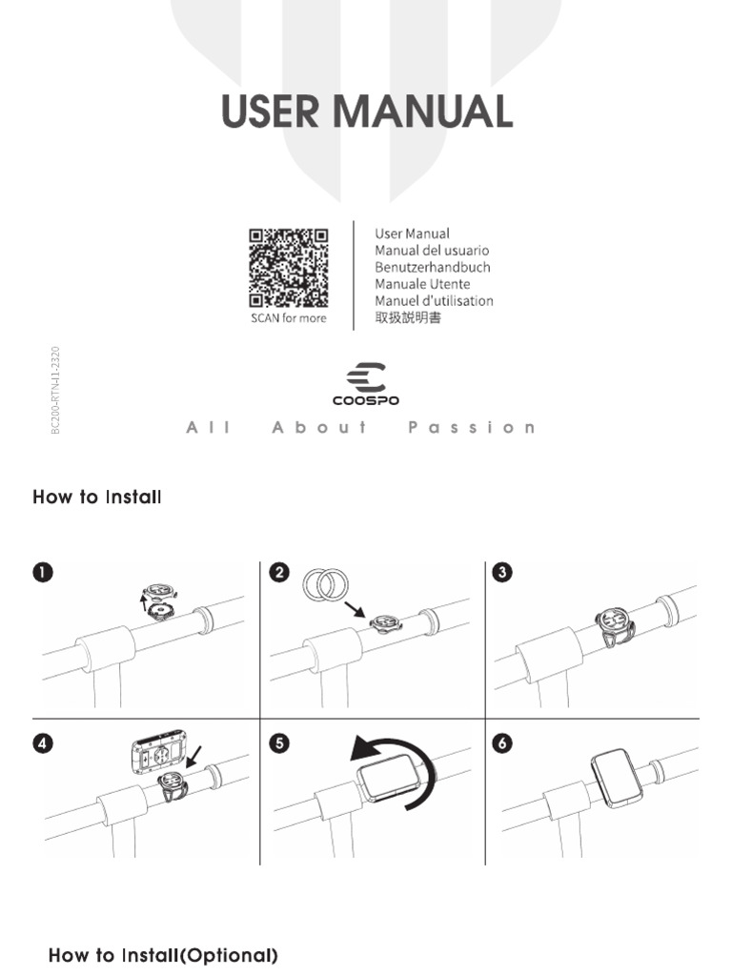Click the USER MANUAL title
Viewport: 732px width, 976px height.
pyautogui.click(x=367, y=112)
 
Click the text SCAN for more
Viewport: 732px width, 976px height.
pyautogui.click(x=288, y=318)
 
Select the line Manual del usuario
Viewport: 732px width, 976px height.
pyautogui.click(x=432, y=251)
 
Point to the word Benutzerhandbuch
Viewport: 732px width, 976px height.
pyautogui.click(x=432, y=268)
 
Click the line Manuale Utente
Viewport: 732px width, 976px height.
pyautogui.click(x=422, y=284)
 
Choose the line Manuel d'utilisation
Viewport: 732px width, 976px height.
pyautogui.click(x=434, y=301)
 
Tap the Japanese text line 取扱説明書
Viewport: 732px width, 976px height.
pyautogui.click(x=408, y=318)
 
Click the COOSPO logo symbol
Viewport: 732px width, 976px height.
pyautogui.click(x=366, y=376)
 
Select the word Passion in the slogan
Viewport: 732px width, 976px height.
pyautogui.click(x=472, y=427)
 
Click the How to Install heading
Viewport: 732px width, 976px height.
pyautogui.click(x=97, y=498)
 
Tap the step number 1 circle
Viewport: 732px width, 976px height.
pyautogui.click(x=43, y=572)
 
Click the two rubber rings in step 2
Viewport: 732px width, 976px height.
pyautogui.click(x=326, y=583)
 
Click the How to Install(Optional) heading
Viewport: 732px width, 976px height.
pyautogui.click(x=163, y=955)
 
